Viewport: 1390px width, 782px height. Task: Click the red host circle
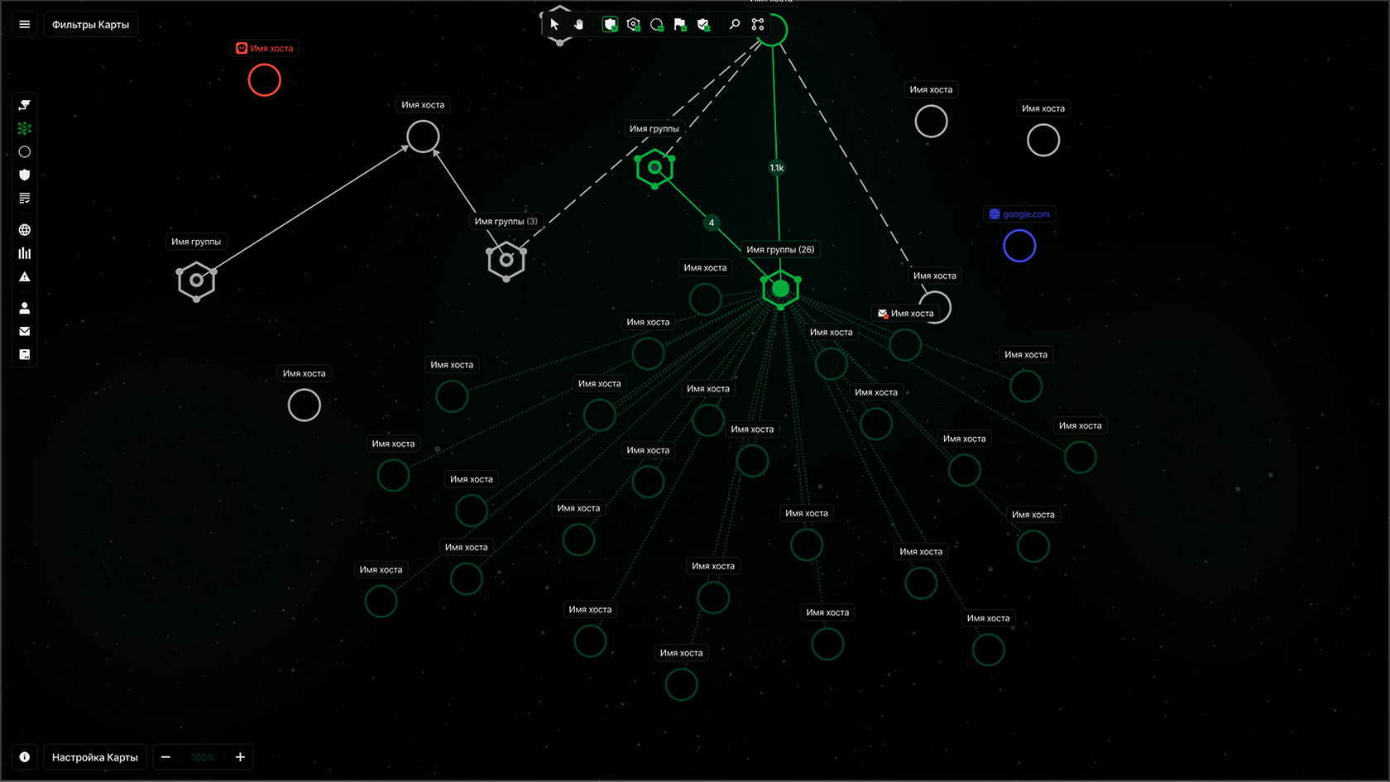(265, 80)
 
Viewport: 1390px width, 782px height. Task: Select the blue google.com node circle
(1019, 246)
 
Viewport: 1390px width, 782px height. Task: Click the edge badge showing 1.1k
(777, 168)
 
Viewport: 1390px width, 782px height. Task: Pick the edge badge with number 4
(712, 223)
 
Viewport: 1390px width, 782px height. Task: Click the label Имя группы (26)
(780, 249)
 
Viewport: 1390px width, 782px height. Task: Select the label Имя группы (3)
(506, 221)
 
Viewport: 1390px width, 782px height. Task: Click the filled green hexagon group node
(780, 289)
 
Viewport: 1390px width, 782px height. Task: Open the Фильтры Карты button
(90, 25)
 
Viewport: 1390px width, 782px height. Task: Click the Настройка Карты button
(95, 757)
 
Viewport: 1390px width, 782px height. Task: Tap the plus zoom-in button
(240, 757)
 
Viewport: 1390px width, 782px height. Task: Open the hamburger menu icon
(25, 25)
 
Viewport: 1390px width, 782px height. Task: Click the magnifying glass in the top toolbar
(735, 25)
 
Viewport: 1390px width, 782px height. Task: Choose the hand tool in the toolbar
(578, 25)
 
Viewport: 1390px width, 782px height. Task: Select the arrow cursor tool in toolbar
(554, 25)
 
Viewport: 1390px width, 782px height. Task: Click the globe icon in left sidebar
(25, 230)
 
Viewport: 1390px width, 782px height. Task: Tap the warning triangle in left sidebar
(25, 277)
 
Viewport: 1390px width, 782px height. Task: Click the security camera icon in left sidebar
(25, 105)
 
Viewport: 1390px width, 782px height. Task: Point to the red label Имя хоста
(265, 48)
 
